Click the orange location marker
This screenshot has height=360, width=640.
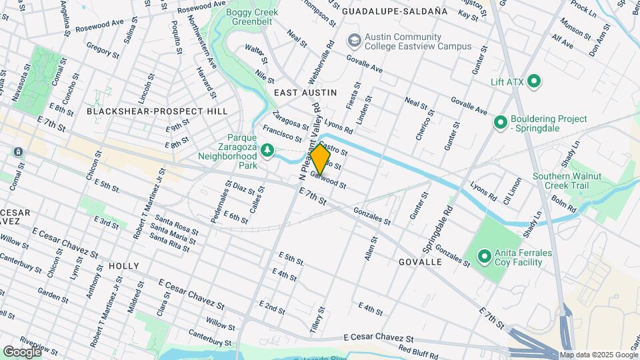coord(321,160)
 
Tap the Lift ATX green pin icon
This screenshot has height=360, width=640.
coord(533,81)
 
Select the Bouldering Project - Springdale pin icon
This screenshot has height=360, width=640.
coord(500,123)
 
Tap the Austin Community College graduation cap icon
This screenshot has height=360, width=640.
coord(352,41)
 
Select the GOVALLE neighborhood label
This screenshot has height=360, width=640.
coord(420,262)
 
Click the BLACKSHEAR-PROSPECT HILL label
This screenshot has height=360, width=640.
coord(157,111)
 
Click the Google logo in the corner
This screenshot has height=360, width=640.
coord(22,351)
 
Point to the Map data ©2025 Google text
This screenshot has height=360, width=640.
coord(598,355)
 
